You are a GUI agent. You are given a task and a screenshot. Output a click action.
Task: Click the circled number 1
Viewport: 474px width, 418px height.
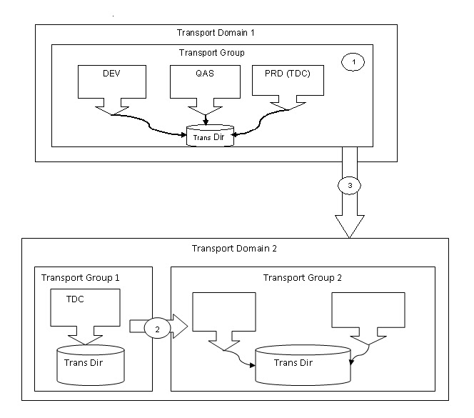pyautogui.click(x=353, y=63)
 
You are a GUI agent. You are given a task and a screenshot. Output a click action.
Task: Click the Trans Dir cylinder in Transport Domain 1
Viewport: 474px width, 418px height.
pyautogui.click(x=209, y=136)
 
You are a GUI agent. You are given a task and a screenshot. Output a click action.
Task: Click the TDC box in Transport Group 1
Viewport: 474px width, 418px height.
pyautogui.click(x=84, y=307)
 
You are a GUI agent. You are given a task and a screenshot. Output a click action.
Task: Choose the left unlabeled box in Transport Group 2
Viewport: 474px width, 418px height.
pyautogui.click(x=224, y=314)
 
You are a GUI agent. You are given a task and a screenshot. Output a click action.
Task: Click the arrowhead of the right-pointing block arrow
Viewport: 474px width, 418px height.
pyautogui.click(x=180, y=328)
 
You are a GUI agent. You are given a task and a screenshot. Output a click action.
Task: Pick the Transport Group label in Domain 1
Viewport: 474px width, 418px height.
pyautogui.click(x=211, y=52)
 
